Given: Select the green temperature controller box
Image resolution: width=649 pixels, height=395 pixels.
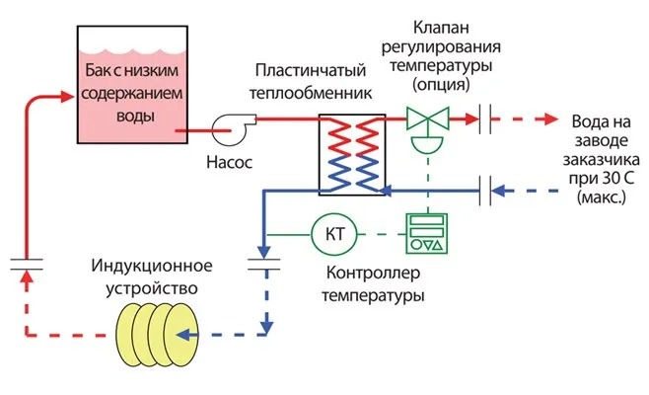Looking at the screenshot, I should pos(426,236).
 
